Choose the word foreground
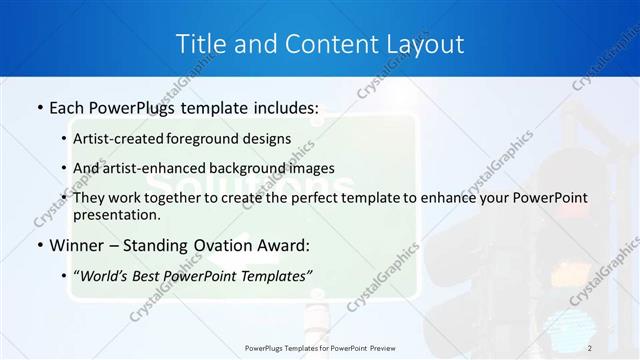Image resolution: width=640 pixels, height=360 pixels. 200,138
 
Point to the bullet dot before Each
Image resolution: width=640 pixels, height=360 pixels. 39,107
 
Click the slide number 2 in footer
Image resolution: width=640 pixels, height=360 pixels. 590,347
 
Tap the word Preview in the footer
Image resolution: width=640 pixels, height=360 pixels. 391,347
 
